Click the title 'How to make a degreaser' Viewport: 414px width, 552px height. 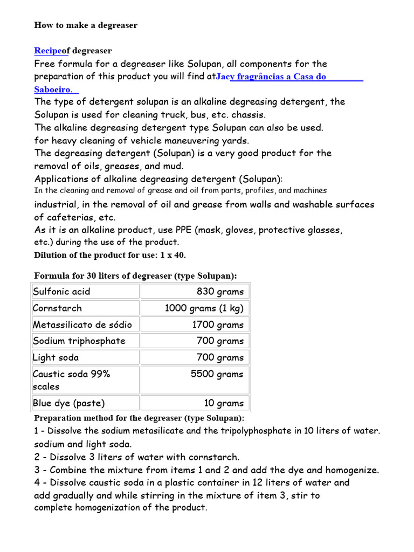point(86,25)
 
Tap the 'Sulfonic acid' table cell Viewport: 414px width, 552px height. point(61,292)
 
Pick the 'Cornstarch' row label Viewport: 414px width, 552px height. point(58,308)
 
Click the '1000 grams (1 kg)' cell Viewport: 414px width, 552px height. point(204,308)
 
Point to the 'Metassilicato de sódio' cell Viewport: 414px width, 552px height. point(82,325)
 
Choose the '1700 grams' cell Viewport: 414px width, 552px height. point(218,325)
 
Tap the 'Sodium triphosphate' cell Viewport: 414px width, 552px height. point(79,341)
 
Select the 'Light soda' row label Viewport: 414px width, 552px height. point(56,357)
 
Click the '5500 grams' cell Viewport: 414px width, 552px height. point(217,374)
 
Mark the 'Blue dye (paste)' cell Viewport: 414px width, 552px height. point(69,403)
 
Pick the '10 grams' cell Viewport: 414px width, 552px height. point(224,403)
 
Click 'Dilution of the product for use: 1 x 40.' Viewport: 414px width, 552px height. point(110,255)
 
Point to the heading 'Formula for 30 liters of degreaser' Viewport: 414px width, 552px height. point(135,276)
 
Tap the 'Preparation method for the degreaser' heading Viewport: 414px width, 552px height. point(139,418)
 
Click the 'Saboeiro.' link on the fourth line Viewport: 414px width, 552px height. point(54,88)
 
